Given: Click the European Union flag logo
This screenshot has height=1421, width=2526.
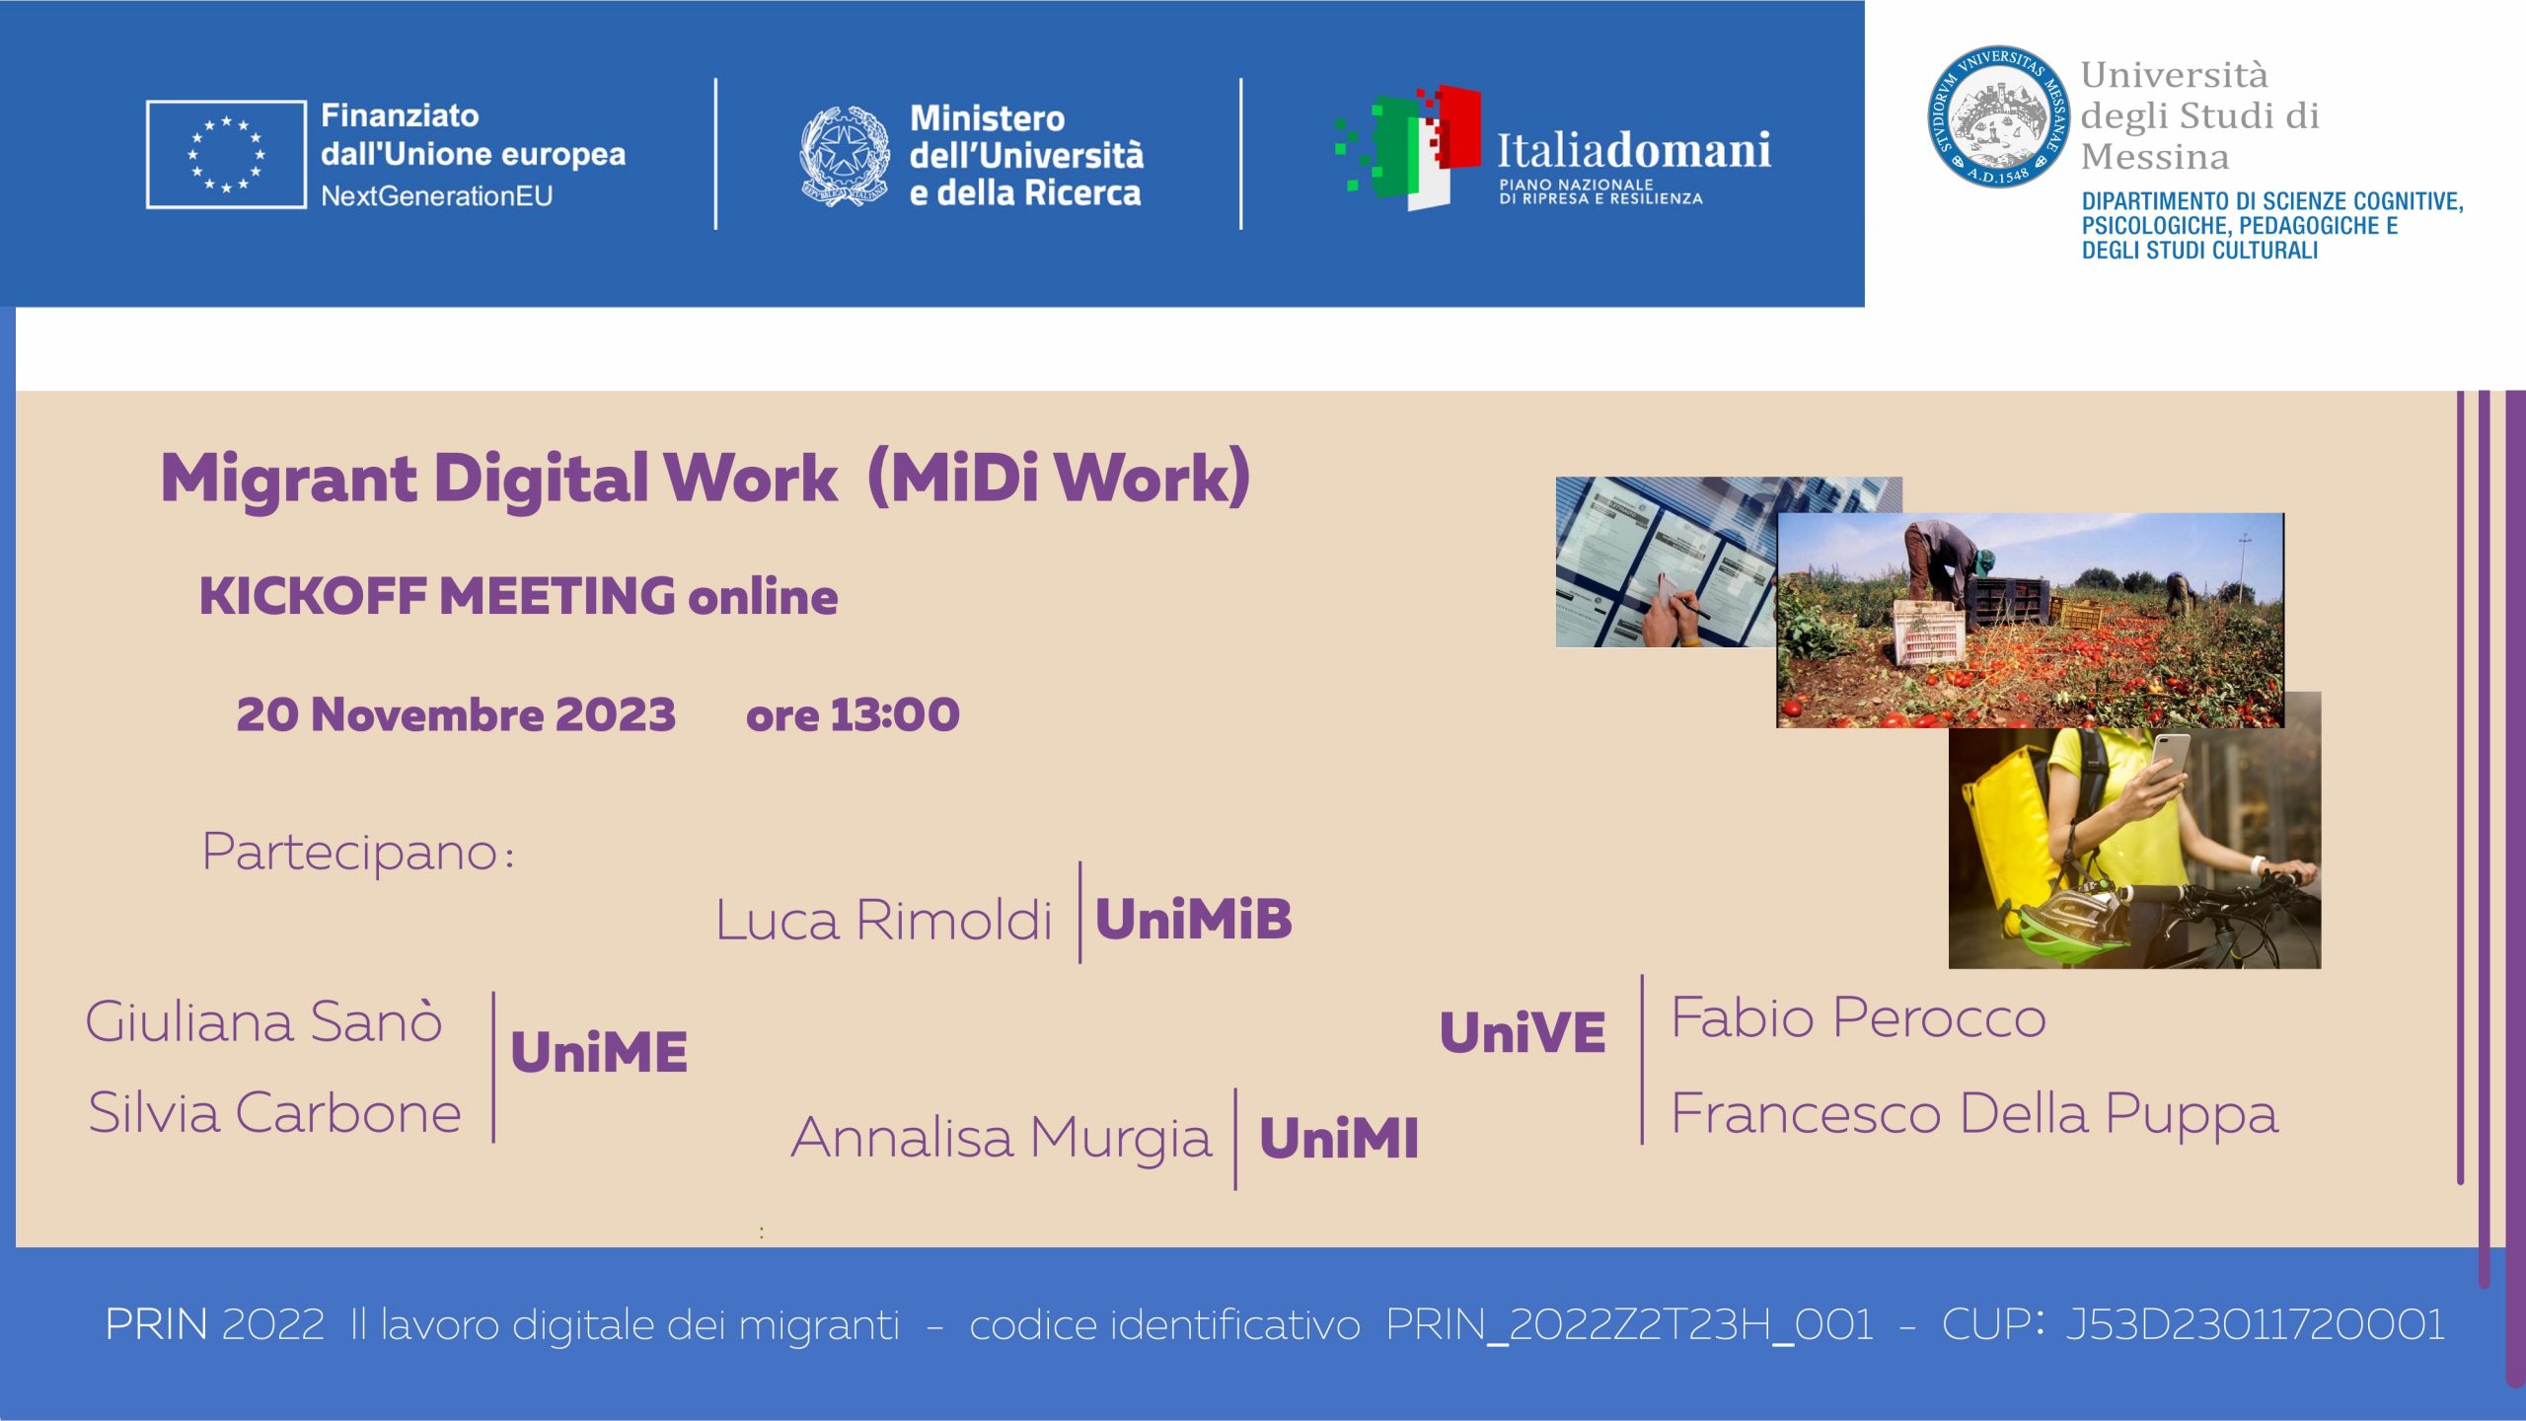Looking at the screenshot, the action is tap(226, 154).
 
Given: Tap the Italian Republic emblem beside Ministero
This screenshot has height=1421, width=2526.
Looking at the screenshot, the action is tap(845, 155).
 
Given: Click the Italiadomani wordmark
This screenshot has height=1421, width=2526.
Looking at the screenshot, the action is tap(1634, 150).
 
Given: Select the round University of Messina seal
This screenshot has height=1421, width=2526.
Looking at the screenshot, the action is tap(1999, 115).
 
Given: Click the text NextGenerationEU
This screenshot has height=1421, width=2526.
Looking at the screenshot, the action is tap(437, 196).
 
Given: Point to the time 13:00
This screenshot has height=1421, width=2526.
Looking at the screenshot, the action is tap(895, 714).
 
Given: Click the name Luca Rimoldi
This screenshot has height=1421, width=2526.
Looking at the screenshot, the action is tap(884, 920).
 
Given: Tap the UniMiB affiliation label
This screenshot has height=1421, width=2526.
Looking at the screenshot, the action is tap(1194, 919).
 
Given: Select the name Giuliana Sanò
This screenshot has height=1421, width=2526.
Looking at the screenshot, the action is tap(263, 1020).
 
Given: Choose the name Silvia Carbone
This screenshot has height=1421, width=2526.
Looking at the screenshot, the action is tap(275, 1112).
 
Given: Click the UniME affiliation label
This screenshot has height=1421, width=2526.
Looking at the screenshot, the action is tap(599, 1051).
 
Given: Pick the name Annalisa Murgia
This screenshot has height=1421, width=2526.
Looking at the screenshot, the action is tap(1002, 1139).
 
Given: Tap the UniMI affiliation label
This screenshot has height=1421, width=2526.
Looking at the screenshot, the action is tap(1339, 1138).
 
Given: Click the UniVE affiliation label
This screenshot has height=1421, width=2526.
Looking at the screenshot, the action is tap(1523, 1032).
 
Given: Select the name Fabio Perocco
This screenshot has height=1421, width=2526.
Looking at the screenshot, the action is tap(1859, 1017).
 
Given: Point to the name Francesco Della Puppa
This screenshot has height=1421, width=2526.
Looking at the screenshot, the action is tap(1975, 1115).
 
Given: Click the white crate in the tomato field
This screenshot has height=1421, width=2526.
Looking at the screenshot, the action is tap(1925, 635).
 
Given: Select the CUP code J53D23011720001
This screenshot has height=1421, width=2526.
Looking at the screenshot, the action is tap(2256, 1324).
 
